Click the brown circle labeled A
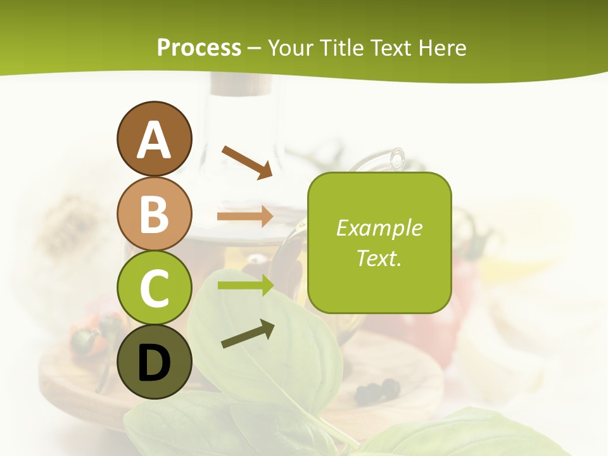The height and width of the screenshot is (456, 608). coord(154,139)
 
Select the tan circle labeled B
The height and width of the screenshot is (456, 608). coord(154,213)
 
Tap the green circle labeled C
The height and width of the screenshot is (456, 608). coord(154,288)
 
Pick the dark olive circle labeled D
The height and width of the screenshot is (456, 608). coord(154,362)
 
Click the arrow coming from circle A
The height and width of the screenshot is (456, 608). coord(247,161)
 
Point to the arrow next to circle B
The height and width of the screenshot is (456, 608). coord(245,217)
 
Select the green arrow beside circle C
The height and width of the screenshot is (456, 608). coord(245,285)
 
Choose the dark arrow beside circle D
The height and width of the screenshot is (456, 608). coord(248,334)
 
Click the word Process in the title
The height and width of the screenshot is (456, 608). coord(199,48)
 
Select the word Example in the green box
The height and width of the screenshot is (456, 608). coord(379,228)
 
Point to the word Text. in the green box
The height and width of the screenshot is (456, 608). coord(379,258)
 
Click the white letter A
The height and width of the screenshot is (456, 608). coord(154,140)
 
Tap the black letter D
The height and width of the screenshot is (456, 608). coord(154,363)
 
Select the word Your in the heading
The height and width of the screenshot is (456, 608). coord(292,48)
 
